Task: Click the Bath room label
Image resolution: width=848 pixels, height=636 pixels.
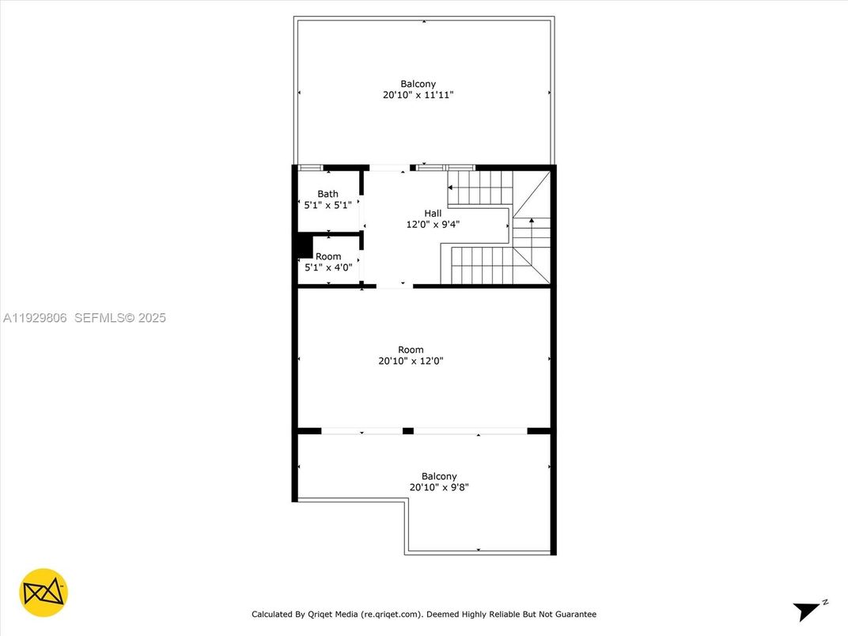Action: tap(327, 194)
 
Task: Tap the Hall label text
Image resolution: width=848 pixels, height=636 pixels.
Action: tap(433, 213)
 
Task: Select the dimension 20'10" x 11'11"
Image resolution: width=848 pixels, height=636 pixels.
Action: tap(418, 95)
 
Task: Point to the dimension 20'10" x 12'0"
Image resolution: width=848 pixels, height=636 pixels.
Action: tap(411, 361)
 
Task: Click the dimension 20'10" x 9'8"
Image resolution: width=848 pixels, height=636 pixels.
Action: tap(438, 487)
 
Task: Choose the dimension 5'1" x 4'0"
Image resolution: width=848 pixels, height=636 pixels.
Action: tap(328, 267)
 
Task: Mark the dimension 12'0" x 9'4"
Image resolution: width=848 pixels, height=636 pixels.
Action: tap(433, 224)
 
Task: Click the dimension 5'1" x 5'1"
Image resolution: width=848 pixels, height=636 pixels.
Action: tap(327, 205)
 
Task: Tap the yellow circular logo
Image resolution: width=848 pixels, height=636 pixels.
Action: tap(44, 592)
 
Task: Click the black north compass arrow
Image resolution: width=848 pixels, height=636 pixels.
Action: tap(807, 611)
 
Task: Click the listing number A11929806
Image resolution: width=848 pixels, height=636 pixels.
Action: tap(36, 317)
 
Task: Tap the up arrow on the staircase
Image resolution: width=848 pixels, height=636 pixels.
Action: tap(531, 221)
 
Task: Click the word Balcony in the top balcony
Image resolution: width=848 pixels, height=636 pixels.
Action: tap(418, 84)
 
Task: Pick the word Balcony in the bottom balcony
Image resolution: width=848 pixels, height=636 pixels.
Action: tap(438, 476)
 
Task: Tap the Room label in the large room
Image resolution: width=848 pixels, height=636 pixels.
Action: tap(411, 350)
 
